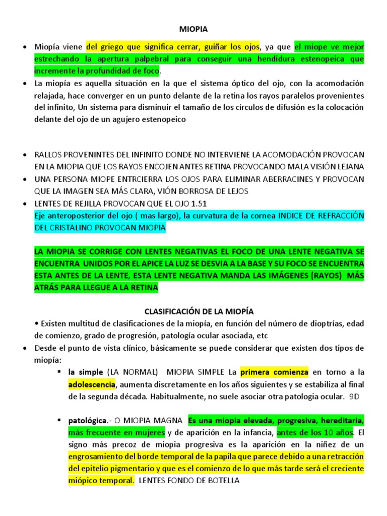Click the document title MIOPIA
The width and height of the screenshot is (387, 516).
click(193, 30)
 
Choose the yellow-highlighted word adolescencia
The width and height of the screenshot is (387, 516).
click(92, 385)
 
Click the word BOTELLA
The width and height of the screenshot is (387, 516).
click(222, 480)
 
